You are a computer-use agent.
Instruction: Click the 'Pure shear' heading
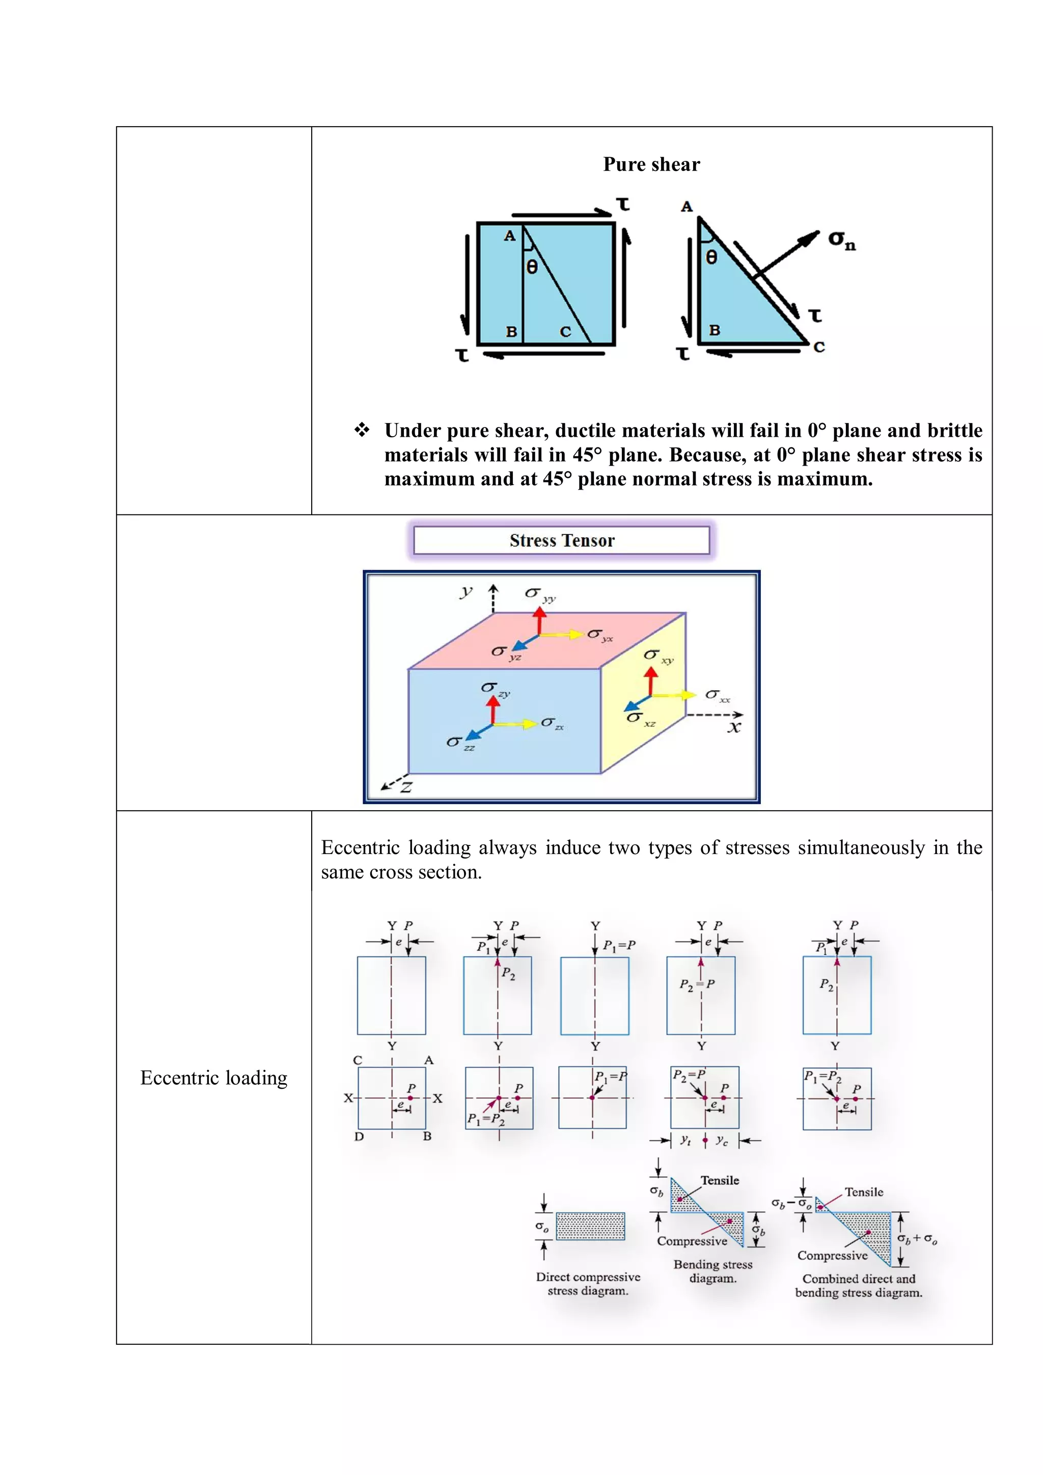pos(651,164)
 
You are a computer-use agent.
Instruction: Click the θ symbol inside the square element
pos(532,267)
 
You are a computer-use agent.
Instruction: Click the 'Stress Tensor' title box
pos(561,541)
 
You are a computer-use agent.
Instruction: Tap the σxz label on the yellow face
pos(641,718)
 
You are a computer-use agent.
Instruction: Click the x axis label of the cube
pos(734,727)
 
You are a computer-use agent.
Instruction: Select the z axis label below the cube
pos(405,786)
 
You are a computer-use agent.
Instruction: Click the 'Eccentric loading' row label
pos(213,1078)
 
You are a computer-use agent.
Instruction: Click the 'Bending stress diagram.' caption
pos(712,1271)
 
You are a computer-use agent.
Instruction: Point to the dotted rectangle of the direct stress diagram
pos(589,1226)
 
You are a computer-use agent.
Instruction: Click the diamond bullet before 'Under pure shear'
pos(362,430)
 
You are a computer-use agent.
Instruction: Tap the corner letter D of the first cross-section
pos(359,1137)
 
